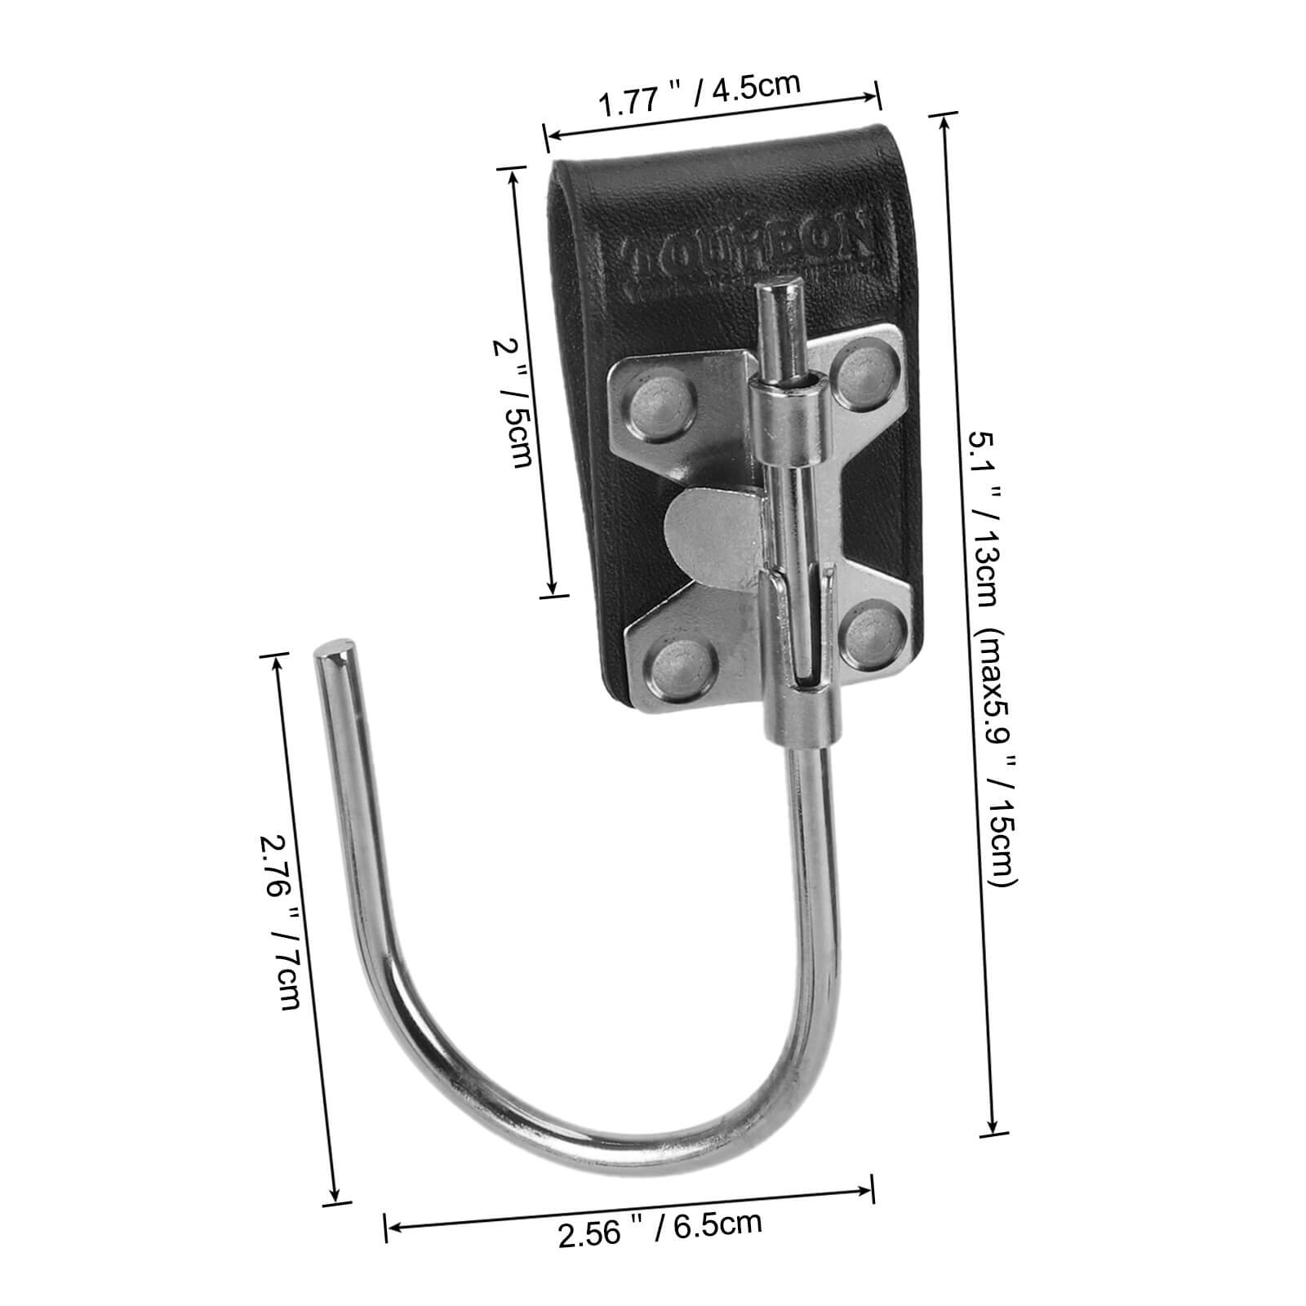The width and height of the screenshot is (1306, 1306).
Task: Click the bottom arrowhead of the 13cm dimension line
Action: pos(993,1126)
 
